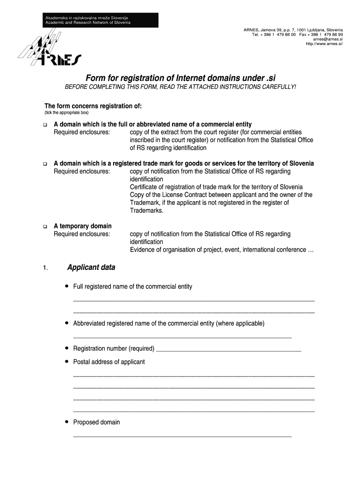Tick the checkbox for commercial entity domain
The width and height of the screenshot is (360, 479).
pyautogui.click(x=45, y=125)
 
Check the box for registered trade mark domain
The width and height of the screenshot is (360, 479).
pyautogui.click(x=45, y=164)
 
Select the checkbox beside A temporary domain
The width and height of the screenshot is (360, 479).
pyautogui.click(x=45, y=226)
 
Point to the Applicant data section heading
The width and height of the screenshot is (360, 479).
pyautogui.click(x=91, y=268)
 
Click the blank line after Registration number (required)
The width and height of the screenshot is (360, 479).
pyautogui.click(x=229, y=349)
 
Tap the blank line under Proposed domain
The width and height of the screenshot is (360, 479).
pyautogui.click(x=182, y=436)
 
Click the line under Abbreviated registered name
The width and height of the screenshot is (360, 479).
pyautogui.click(x=182, y=337)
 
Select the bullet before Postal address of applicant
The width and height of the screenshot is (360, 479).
pyautogui.click(x=67, y=361)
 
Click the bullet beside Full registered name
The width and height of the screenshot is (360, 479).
pyautogui.click(x=67, y=286)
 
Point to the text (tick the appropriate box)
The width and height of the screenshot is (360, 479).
pyautogui.click(x=66, y=113)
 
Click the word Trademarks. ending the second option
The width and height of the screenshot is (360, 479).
pyautogui.click(x=147, y=210)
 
